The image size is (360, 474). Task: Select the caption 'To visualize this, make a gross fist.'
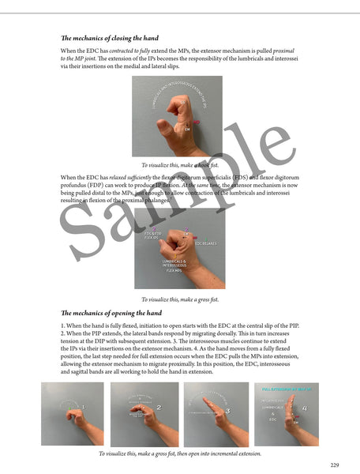click(179, 299)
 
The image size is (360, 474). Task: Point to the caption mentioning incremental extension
click(179, 453)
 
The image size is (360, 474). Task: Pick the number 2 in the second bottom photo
click(159, 408)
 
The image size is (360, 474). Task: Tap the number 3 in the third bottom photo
click(227, 410)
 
